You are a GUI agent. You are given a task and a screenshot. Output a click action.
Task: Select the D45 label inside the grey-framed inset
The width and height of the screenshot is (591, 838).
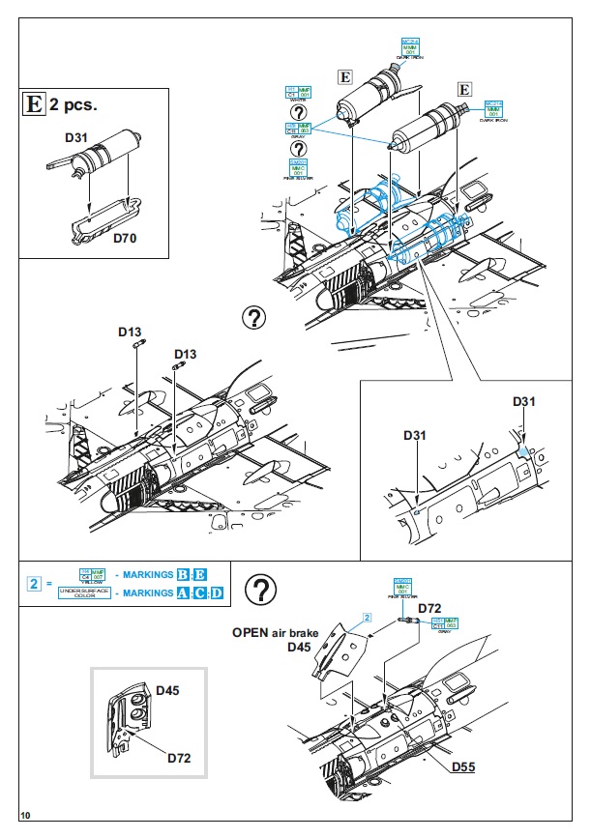167,691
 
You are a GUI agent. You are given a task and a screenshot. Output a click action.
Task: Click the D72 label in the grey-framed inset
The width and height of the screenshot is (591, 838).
179,758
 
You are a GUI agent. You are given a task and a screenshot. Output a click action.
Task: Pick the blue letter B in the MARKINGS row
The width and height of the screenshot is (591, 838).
183,575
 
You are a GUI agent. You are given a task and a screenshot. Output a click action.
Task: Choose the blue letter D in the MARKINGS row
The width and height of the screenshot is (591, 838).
217,592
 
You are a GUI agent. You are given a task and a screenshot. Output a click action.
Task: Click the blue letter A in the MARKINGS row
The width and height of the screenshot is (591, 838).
183,592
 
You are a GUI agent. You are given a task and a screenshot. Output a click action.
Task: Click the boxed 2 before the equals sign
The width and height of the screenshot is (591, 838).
34,584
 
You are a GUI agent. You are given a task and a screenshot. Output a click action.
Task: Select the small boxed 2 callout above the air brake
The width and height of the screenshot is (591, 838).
368,616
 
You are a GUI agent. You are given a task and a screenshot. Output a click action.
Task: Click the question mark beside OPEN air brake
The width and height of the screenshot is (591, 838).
260,590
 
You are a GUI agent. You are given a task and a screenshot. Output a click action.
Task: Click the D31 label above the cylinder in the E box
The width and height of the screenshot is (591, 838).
77,138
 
